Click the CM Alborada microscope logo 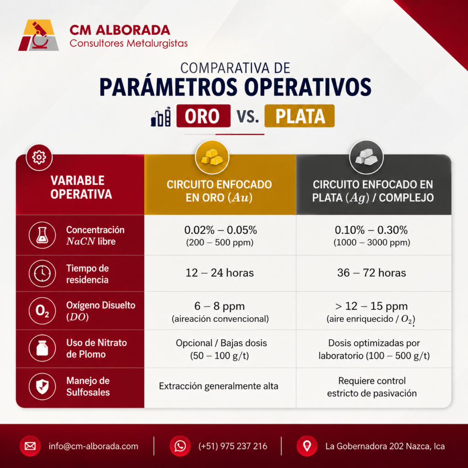pos(38,35)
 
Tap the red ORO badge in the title pos(203,116)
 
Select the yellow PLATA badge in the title pos(299,116)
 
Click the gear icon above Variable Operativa pos(39,157)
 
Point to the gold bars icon pos(212,157)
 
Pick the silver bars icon pos(366,157)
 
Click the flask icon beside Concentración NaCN pos(42,235)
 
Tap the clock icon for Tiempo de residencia pos(42,273)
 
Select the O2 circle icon pos(42,311)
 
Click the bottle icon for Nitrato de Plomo pos(42,348)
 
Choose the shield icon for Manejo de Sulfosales pos(42,386)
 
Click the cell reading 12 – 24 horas pos(220,273)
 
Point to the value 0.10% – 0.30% pos(371,230)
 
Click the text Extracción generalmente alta pos(218,386)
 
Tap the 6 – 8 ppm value pos(219,306)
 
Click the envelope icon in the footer pos(30,446)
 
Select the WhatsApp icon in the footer pos(180,446)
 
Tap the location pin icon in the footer pos(307,446)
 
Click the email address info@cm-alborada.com pos(93,446)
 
